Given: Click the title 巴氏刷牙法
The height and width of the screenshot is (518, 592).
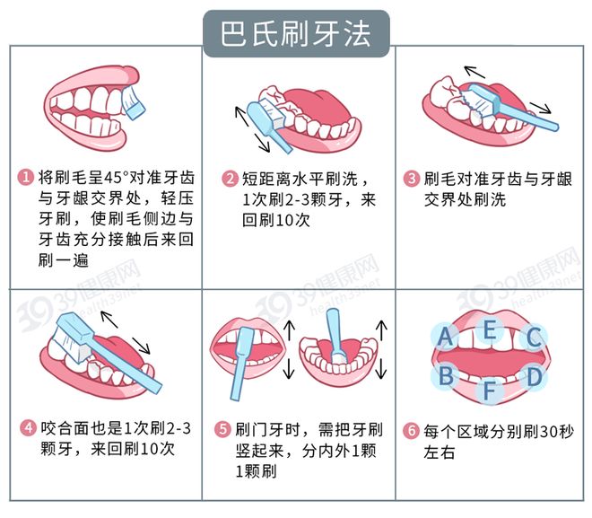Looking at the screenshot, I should (295, 34).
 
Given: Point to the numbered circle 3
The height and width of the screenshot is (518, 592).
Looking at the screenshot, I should (411, 178).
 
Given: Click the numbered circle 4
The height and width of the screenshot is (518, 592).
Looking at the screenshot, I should (27, 426).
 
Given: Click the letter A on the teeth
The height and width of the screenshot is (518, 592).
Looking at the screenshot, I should (444, 337).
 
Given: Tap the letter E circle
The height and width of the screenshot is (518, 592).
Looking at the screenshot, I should (489, 329).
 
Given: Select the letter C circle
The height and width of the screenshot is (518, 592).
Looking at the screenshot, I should (534, 338).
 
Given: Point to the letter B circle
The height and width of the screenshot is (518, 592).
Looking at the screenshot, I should (445, 376).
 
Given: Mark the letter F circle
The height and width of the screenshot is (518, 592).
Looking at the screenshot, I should (489, 391).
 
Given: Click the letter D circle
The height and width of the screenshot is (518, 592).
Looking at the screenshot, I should (535, 376).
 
